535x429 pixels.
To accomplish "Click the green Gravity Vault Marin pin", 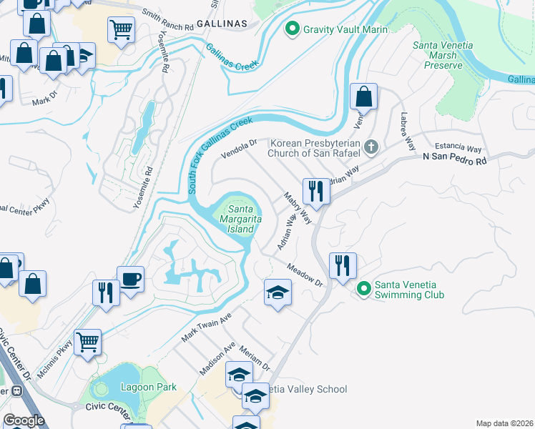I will tap(291, 29).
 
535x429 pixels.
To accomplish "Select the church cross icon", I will tap(370, 148).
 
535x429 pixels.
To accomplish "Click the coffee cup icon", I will tap(131, 280).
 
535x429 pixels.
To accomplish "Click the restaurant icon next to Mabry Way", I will tap(315, 190).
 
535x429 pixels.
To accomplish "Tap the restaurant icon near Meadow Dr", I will tap(343, 265).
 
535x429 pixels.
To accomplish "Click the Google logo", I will tap(24, 420).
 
